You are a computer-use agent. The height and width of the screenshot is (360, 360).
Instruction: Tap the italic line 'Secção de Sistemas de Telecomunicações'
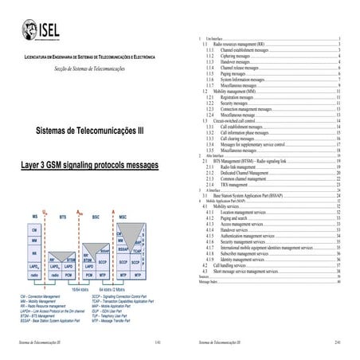click(89, 69)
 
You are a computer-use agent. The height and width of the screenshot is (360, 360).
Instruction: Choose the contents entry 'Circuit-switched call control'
click(241, 120)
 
